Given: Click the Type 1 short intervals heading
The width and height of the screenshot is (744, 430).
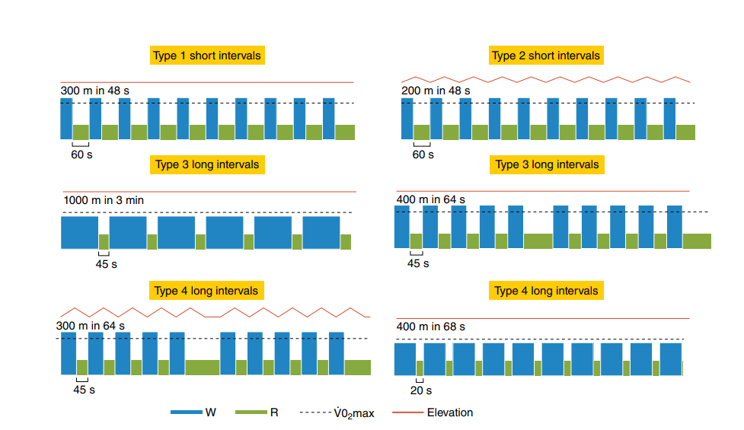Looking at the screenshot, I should click(x=207, y=56).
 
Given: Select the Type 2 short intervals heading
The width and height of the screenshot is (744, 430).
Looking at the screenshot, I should click(x=546, y=56).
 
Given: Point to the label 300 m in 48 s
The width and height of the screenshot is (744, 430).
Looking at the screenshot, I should click(x=94, y=91).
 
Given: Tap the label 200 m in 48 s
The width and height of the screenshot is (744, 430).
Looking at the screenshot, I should click(x=436, y=91).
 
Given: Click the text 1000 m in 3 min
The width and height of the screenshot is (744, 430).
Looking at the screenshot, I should click(x=104, y=200).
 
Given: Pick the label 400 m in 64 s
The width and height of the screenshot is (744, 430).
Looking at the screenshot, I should click(x=431, y=200).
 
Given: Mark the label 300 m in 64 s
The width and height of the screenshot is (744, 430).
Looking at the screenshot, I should click(x=91, y=326).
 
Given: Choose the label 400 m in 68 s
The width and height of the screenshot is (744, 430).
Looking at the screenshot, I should click(x=431, y=326).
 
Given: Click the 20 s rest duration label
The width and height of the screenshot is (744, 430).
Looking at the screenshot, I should click(x=420, y=390).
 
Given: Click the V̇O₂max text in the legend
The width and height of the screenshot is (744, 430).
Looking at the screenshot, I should click(x=352, y=413).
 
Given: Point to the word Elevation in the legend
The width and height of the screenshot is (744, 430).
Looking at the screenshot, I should click(x=449, y=412).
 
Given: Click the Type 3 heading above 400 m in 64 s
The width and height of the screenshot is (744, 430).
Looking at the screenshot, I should click(x=547, y=165).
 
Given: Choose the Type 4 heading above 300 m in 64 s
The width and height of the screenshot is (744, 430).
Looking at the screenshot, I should click(x=207, y=291).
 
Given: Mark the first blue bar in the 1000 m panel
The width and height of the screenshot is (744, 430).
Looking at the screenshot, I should click(x=80, y=232).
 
